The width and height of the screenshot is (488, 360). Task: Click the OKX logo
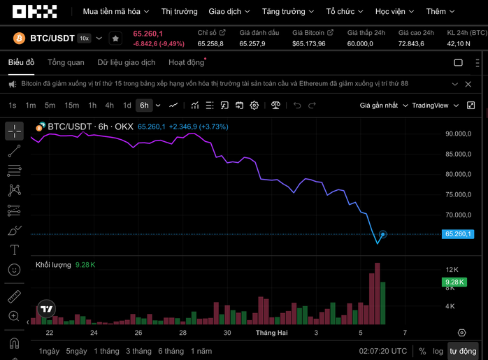[x=30, y=12]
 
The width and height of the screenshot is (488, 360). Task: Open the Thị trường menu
[x=180, y=12]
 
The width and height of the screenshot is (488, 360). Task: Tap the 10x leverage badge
[x=84, y=38]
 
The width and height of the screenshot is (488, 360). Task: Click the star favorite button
[x=116, y=38]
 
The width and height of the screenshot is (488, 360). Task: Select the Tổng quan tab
[x=66, y=62]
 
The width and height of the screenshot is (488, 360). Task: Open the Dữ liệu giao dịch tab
[x=127, y=62]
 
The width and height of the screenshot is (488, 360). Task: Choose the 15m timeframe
[x=71, y=106]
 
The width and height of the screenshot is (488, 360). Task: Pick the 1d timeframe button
[x=127, y=106]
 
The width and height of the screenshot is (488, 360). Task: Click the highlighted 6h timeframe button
[x=144, y=106]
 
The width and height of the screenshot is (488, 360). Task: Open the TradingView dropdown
[x=435, y=106]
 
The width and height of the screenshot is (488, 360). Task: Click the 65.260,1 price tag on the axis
[x=459, y=234]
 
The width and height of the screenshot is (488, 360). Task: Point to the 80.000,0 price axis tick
[x=459, y=174]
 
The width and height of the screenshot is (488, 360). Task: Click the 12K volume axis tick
[x=452, y=270]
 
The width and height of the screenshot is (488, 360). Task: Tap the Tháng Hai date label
[x=271, y=333]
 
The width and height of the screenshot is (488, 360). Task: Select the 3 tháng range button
[x=138, y=351]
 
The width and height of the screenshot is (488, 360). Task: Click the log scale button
[x=438, y=351]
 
